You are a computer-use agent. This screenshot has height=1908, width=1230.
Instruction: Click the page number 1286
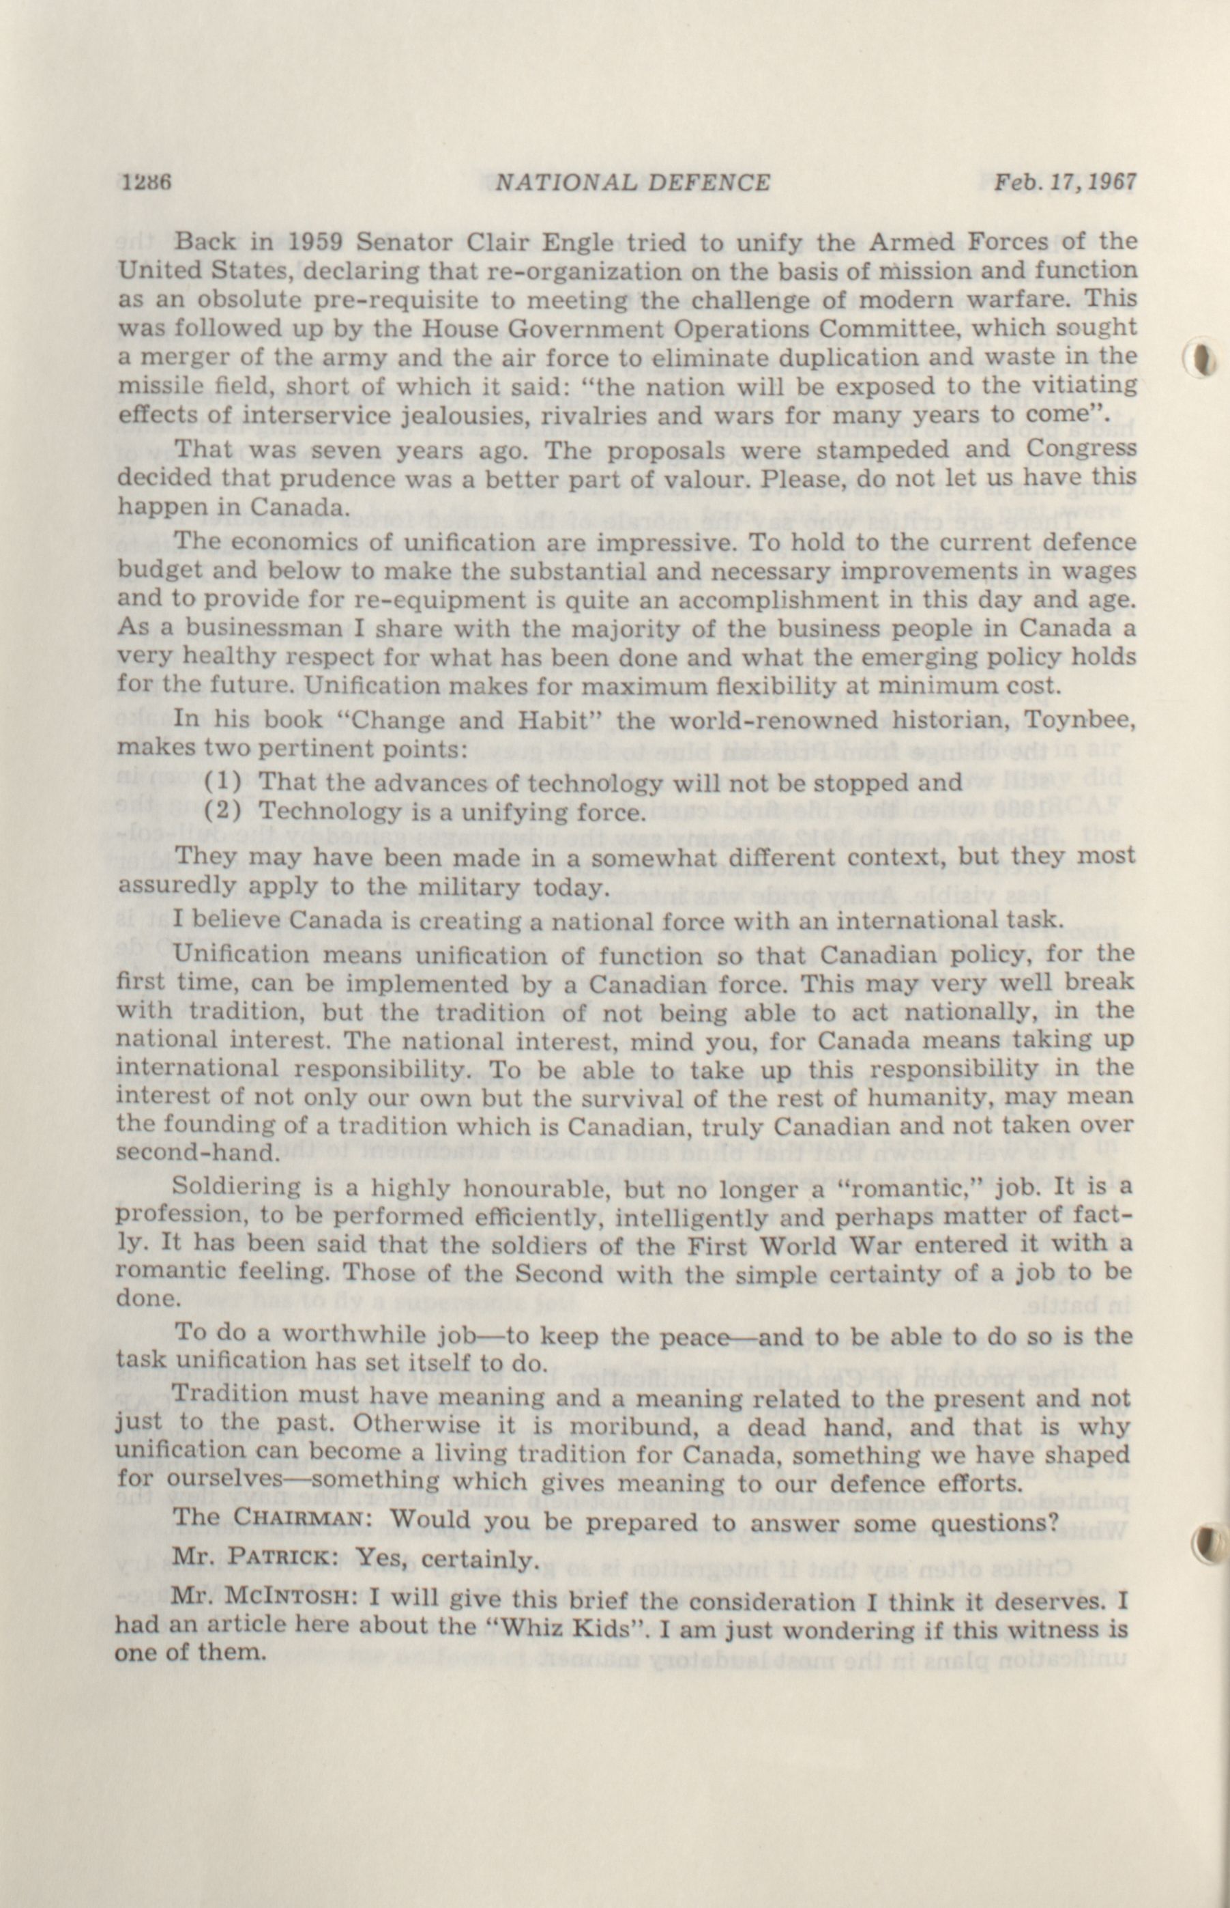click(147, 183)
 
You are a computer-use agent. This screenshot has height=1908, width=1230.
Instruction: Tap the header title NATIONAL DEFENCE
click(632, 184)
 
